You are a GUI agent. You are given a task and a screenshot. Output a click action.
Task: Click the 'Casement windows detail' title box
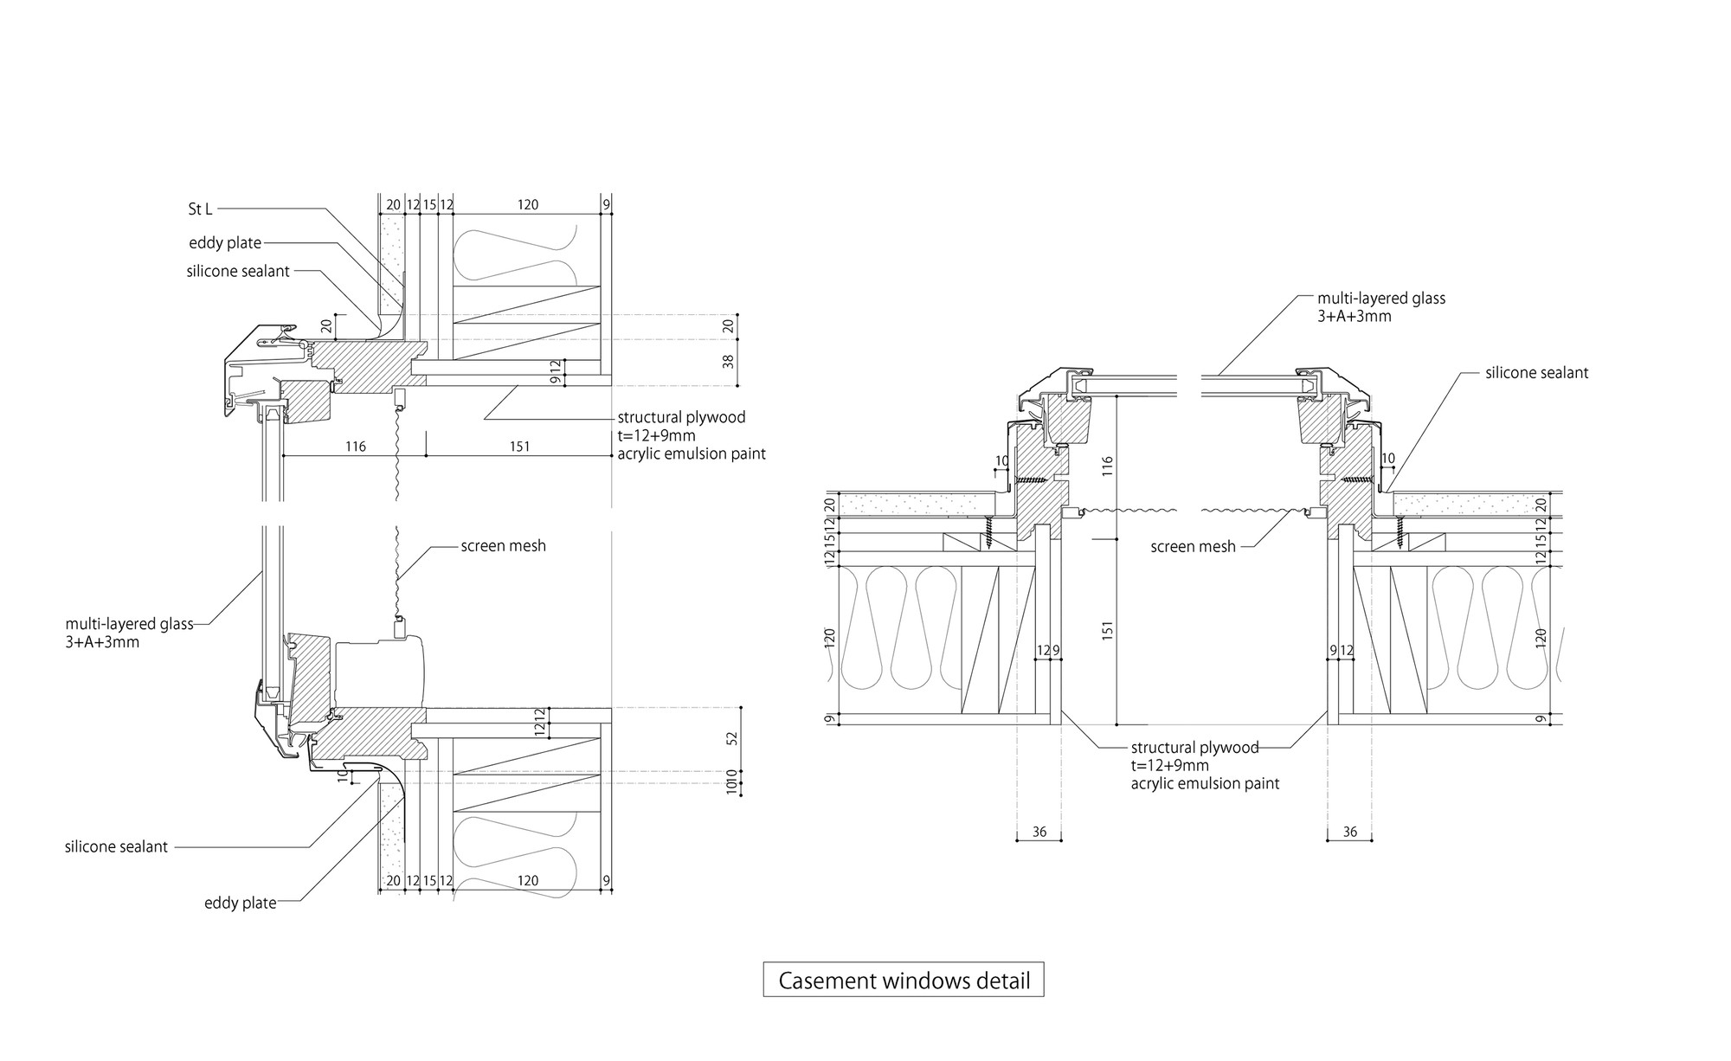(x=904, y=981)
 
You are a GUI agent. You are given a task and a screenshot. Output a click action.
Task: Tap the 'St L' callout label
(x=200, y=209)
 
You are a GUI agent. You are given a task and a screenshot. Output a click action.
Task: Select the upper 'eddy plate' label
(x=225, y=243)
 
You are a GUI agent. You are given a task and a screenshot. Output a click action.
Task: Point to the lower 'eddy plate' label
(x=240, y=903)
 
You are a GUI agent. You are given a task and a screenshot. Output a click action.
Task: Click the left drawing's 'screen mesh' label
(x=503, y=546)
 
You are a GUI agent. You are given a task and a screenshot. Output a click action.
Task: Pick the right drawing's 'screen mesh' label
(x=1193, y=547)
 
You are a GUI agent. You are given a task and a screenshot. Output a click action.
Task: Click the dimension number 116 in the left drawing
(x=355, y=447)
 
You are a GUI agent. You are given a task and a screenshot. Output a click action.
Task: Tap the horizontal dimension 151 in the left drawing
(x=519, y=447)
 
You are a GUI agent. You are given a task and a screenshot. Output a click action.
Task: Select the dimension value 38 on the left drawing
(x=728, y=361)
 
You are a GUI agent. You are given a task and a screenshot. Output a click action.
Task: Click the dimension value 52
(x=732, y=738)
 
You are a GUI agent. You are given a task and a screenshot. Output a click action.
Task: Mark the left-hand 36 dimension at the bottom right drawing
(x=1039, y=832)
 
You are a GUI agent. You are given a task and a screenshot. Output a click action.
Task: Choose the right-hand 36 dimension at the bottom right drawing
(x=1349, y=832)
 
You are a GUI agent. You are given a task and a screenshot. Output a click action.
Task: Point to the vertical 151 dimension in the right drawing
(x=1108, y=629)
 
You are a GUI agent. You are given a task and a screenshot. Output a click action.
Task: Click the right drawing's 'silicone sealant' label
(x=1536, y=373)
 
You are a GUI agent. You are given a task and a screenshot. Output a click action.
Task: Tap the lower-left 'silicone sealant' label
(x=116, y=846)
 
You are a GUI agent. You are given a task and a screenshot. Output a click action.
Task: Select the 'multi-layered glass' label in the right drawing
(x=1381, y=299)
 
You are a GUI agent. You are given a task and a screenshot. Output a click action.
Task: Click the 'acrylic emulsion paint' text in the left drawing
(x=691, y=453)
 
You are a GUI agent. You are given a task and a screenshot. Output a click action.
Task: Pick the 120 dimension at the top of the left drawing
(x=527, y=205)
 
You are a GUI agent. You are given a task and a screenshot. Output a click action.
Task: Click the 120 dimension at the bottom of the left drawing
(x=527, y=881)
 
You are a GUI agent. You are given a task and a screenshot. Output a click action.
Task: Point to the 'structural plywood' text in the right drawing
(x=1194, y=748)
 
